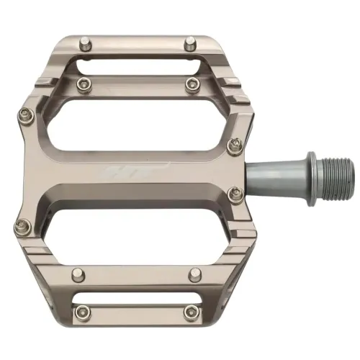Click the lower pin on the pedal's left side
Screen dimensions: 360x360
[20, 228]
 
